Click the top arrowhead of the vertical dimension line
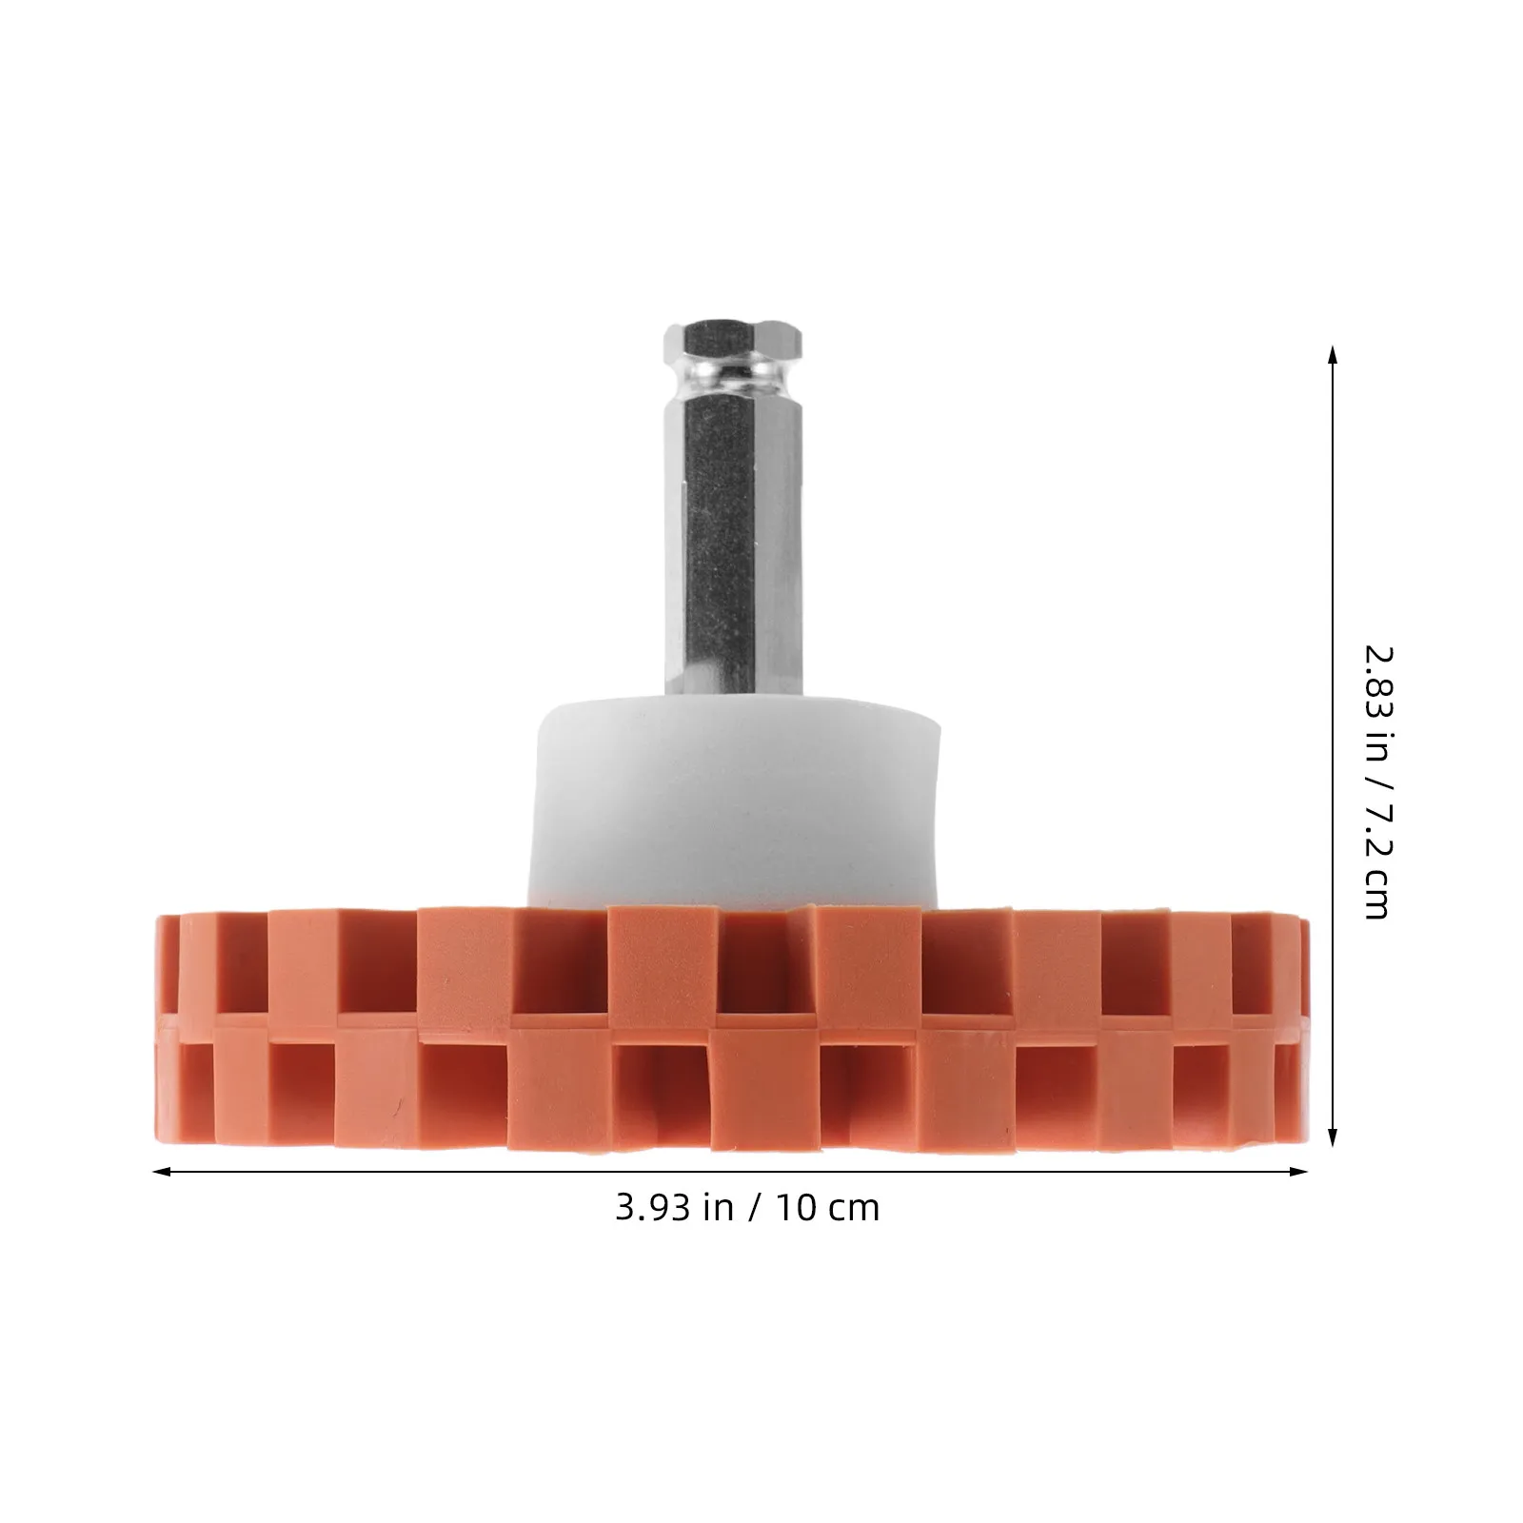click(1333, 355)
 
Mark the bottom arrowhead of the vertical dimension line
click(1333, 1136)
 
